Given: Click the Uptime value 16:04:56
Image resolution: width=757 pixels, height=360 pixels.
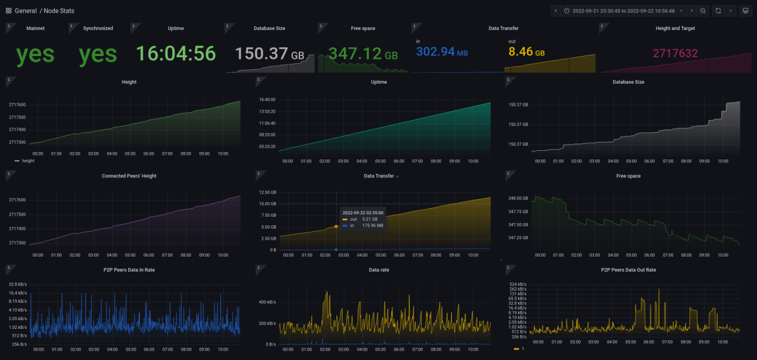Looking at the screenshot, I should (x=176, y=54).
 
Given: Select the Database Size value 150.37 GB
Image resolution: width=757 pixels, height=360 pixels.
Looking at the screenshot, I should (x=269, y=54).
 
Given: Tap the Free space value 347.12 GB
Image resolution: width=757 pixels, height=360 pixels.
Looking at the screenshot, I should (x=363, y=54).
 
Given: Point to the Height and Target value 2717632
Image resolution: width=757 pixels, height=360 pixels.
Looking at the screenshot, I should (x=675, y=54).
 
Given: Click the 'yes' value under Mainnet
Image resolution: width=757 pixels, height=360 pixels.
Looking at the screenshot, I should (x=35, y=54).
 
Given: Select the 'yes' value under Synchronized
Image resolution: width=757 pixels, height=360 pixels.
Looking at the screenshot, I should (x=98, y=54).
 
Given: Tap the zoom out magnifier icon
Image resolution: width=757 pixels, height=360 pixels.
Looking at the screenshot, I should (x=703, y=10).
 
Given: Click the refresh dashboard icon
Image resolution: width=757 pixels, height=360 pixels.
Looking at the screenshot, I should (x=718, y=10).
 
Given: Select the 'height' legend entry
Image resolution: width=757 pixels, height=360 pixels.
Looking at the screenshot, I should (x=28, y=161).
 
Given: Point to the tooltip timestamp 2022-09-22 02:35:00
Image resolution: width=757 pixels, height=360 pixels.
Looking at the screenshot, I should (x=362, y=213).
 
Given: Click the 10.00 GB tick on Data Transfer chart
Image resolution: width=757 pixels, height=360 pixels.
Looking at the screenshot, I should (x=267, y=204).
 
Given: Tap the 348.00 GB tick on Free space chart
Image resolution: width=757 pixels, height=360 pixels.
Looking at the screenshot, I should (x=517, y=198).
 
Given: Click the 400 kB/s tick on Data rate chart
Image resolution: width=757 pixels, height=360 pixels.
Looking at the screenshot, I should (x=266, y=302).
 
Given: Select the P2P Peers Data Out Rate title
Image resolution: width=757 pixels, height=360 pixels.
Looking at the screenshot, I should (x=628, y=270).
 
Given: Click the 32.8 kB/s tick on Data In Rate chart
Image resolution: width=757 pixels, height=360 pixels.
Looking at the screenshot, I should (x=17, y=284).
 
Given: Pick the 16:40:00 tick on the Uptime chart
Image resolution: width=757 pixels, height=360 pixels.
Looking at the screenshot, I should (x=266, y=99).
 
